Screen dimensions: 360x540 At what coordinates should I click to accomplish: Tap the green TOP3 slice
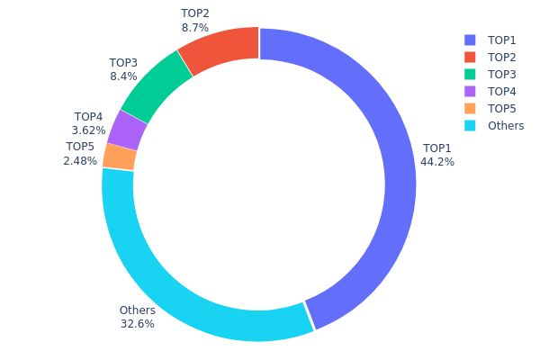155,86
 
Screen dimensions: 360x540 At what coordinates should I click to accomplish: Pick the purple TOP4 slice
126,130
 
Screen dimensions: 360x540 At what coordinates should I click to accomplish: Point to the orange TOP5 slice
119,157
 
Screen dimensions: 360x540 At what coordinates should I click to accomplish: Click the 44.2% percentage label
437,162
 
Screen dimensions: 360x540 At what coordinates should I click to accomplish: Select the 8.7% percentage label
194,28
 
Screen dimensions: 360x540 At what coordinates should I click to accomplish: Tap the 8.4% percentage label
123,77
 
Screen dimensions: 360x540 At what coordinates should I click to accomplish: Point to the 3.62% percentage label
88,130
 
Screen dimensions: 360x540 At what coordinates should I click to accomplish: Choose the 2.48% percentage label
80,161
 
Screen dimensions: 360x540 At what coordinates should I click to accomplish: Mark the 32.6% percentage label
137,324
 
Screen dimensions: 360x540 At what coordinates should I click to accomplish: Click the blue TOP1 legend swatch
470,40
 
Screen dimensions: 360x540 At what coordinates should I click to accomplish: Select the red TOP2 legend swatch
470,58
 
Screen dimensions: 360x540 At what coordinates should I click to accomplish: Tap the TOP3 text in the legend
502,75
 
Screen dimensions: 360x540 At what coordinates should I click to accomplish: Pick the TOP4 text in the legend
502,92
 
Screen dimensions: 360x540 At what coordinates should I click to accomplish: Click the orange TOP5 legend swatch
470,109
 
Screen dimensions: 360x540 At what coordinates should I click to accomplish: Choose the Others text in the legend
506,126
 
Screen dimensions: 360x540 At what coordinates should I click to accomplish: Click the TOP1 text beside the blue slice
437,148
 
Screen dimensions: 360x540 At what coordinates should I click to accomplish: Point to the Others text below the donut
137,310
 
